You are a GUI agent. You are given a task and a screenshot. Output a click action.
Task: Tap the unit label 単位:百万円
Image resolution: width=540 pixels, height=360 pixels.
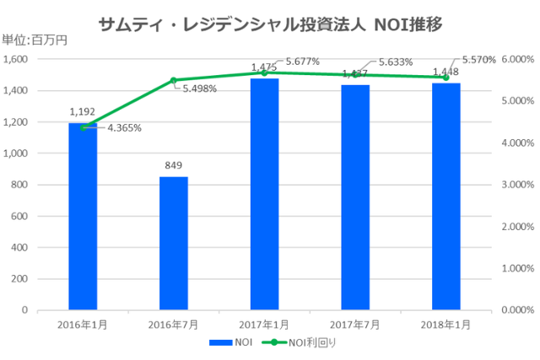click(35, 40)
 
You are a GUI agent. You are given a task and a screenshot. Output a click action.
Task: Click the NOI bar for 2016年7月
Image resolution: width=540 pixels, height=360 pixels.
click(173, 244)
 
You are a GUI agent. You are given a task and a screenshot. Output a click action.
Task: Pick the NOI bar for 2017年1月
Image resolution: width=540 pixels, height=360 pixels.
click(264, 194)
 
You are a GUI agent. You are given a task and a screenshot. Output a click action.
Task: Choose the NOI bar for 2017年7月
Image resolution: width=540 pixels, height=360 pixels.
click(354, 197)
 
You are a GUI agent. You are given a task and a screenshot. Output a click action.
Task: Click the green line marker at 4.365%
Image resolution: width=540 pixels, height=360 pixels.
click(83, 127)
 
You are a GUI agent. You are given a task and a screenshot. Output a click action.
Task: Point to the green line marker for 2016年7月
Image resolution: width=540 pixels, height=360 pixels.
click(173, 80)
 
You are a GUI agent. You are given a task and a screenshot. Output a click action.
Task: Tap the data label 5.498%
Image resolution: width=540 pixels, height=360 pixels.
click(200, 89)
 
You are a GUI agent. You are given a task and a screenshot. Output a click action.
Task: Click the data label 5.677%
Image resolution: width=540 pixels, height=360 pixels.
click(302, 62)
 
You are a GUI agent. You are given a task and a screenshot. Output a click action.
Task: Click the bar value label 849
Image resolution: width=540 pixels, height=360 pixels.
click(174, 166)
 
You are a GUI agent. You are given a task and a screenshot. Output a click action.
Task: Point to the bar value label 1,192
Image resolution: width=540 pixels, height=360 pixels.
click(83, 111)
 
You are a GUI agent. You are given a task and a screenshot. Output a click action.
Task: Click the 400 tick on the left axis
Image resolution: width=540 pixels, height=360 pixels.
click(20, 248)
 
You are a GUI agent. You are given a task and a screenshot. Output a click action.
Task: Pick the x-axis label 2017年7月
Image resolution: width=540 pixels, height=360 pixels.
click(354, 324)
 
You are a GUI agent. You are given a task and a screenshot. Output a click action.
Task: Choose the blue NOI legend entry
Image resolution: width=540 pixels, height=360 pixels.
click(237, 343)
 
